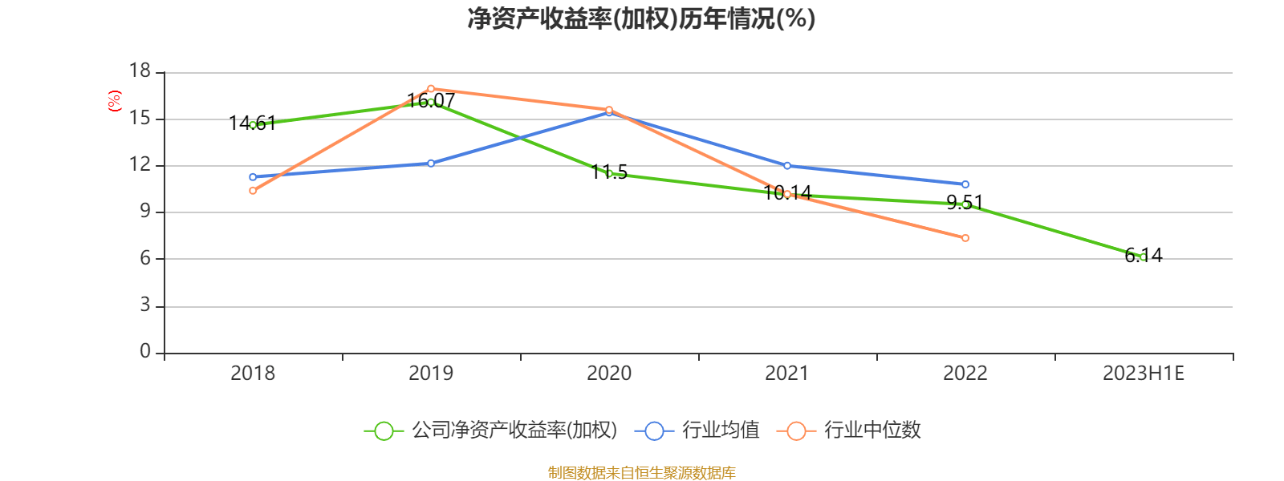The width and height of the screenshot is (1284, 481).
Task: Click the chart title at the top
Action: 641,18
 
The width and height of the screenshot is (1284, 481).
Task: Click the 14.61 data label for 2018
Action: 252,123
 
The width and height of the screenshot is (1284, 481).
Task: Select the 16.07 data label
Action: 431,101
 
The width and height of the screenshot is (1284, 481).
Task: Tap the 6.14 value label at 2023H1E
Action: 1144,256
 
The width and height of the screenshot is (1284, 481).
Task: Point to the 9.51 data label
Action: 965,202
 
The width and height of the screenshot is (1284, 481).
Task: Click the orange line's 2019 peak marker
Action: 431,88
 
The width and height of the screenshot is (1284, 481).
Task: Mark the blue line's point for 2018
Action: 253,177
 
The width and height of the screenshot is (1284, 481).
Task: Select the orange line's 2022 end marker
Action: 965,238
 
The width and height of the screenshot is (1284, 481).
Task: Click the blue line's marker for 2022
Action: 965,184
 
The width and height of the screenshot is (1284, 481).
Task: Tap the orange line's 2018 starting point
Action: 253,191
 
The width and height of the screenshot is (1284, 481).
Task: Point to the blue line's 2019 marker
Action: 431,164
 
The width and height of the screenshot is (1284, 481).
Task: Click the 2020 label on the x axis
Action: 609,374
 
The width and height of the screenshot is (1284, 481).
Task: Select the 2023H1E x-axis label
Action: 1143,374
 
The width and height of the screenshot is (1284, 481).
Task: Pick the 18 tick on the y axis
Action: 140,71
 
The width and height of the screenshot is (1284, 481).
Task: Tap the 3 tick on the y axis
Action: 145,305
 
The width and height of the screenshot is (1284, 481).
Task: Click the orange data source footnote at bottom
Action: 641,473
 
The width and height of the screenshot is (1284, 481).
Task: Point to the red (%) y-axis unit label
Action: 115,101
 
